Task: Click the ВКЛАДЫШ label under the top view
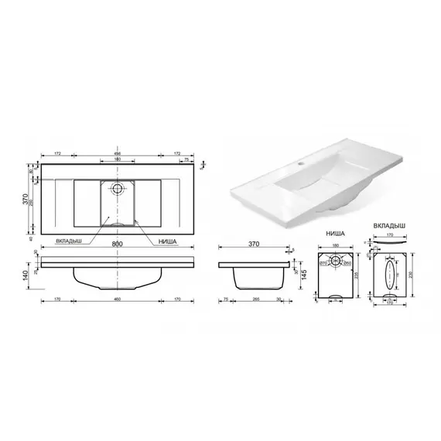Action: point(81,241)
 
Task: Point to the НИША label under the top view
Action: point(167,241)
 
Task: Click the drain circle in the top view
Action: point(118,188)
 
